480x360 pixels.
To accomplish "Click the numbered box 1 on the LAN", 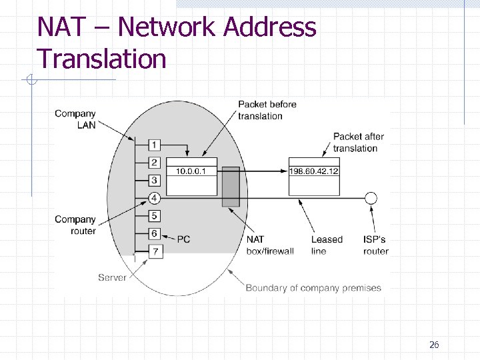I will pos(154,145).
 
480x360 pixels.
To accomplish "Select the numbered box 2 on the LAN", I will pos(154,163).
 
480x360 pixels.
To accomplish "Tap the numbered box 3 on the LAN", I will pos(154,180).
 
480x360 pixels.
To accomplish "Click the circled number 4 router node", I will pos(154,198).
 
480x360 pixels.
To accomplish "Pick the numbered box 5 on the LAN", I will pos(154,216).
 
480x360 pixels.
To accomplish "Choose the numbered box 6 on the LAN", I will pos(154,233).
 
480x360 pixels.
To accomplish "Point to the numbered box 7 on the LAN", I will pos(154,251).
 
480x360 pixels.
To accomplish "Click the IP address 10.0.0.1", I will pos(191,171).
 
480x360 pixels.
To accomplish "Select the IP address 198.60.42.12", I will pos(314,171).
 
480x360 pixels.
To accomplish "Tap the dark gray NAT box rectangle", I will pos(231,187).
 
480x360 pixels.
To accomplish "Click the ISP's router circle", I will pos(371,198).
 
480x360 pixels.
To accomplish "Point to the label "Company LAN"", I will pos(75,119).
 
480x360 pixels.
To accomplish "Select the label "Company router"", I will pos(75,225).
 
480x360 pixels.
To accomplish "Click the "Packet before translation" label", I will pos(267,110).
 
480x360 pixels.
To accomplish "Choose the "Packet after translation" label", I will pos(358,142).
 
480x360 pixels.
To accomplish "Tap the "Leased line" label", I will pos(327,245).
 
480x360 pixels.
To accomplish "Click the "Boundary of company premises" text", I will pos(313,288).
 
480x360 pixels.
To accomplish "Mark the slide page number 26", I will pos(434,345).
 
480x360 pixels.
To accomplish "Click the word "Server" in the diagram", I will pos(112,277).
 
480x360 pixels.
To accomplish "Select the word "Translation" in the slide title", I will pos(101,59).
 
